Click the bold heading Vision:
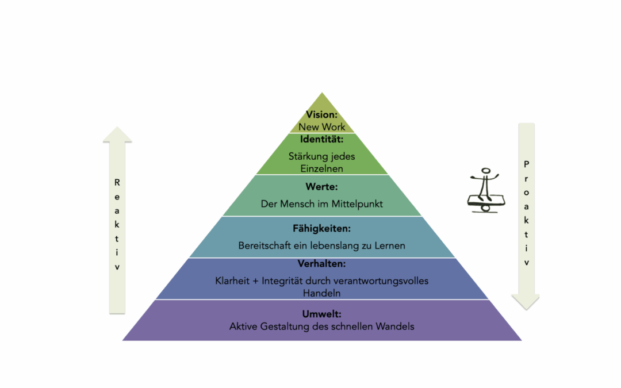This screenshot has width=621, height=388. [321, 115]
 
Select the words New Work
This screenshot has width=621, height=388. [321, 127]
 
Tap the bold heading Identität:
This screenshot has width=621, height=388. [321, 139]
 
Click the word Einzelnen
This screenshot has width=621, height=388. [321, 168]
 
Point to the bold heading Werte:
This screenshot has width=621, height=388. [321, 187]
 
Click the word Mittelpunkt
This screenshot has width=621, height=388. [357, 204]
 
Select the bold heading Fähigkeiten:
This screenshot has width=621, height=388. [321, 228]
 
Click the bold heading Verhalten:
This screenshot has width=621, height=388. [321, 264]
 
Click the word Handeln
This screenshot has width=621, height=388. [321, 293]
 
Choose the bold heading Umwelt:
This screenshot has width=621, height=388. [321, 314]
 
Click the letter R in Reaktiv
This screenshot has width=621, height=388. [117, 183]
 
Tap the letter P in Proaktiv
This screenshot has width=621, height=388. [526, 164]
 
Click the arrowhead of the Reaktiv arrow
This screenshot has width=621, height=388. [117, 134]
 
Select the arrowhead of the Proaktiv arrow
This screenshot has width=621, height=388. [526, 302]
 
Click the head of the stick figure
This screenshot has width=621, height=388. [485, 171]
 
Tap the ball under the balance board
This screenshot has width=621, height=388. [485, 208]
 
